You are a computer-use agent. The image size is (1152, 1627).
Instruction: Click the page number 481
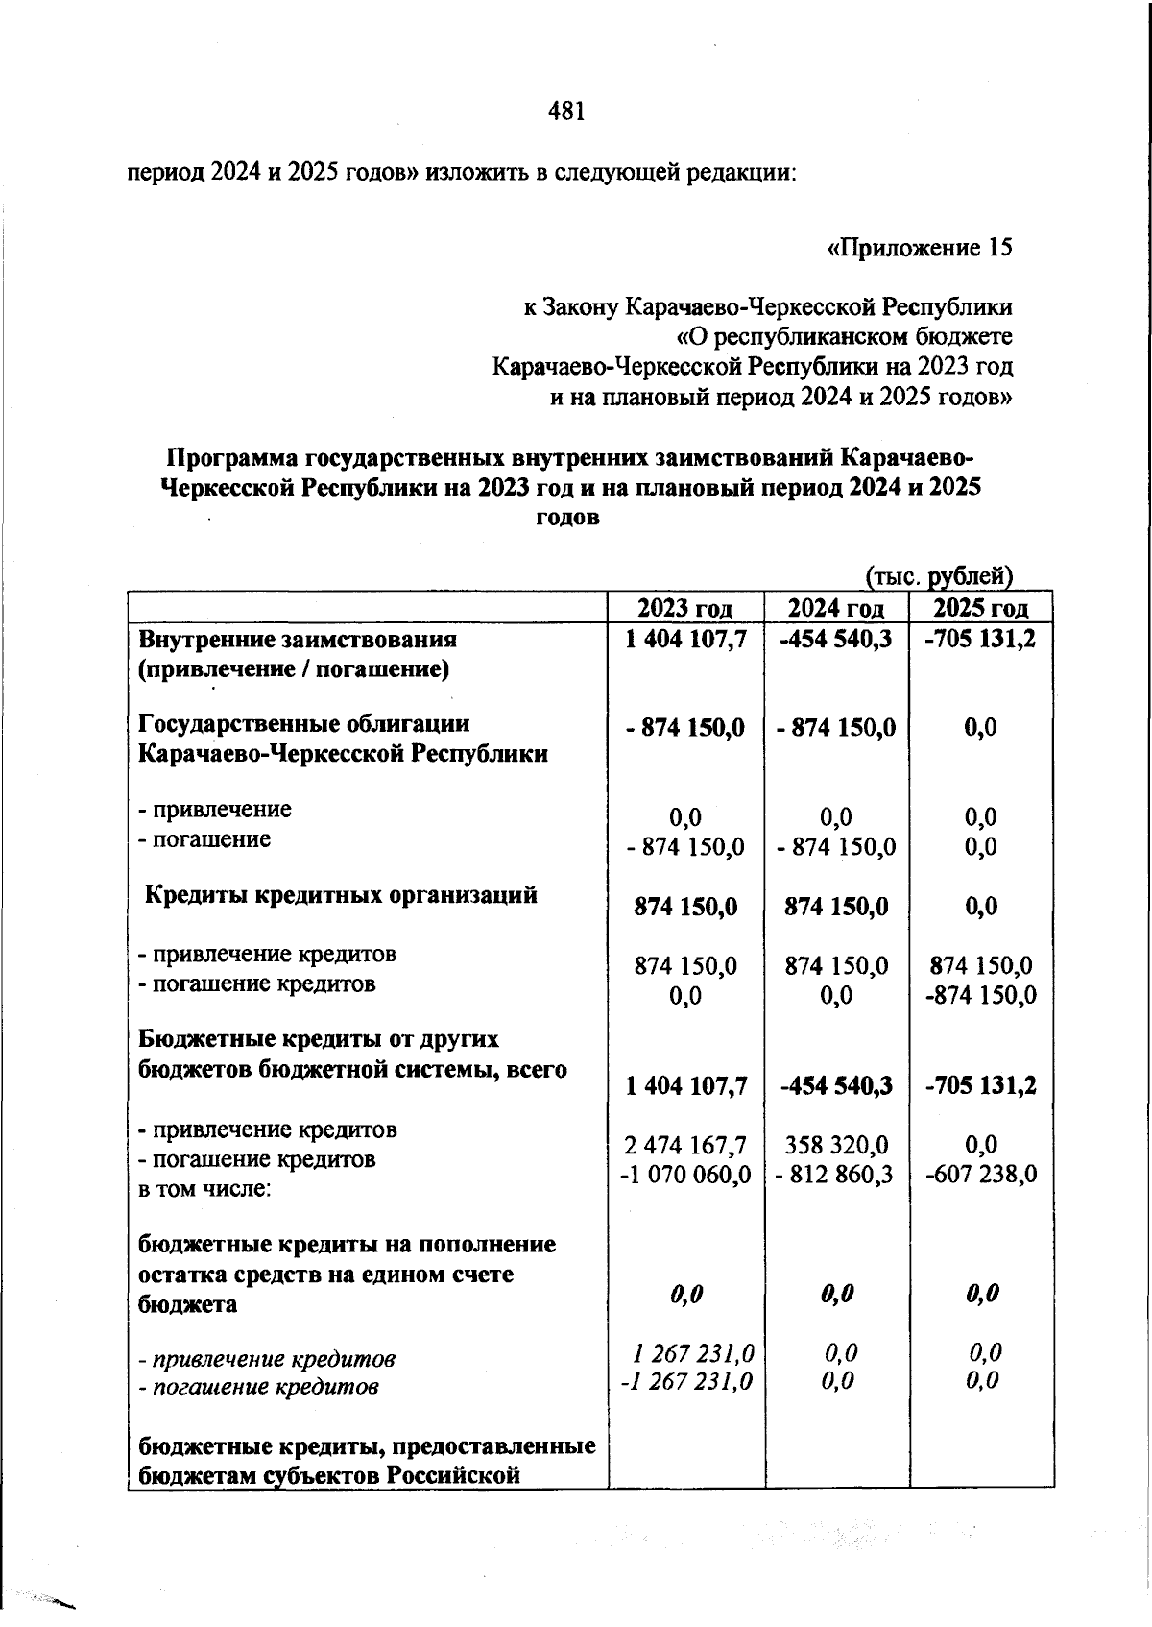(566, 112)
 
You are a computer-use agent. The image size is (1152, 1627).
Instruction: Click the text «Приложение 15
(919, 248)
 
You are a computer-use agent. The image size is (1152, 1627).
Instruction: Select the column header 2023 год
(685, 608)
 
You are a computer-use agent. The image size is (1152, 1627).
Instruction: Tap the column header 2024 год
(836, 608)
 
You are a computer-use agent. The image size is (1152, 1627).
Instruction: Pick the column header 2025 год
(981, 608)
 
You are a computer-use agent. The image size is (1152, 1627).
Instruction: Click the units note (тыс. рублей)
(940, 576)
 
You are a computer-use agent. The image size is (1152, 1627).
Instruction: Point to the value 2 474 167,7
(685, 1145)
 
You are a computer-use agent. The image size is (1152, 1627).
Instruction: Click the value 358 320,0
(836, 1145)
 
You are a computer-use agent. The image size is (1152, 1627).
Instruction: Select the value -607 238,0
(981, 1175)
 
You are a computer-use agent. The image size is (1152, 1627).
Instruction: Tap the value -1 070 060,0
(685, 1175)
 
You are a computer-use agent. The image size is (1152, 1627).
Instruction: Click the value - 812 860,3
(836, 1175)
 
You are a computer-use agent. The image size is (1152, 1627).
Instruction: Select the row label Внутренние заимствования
(298, 639)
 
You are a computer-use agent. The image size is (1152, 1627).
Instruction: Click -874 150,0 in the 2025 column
(981, 995)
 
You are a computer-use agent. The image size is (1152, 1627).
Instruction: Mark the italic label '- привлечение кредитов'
(267, 1359)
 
